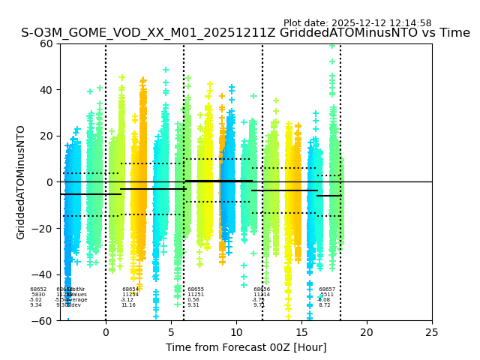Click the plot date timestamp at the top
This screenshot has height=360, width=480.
(357, 23)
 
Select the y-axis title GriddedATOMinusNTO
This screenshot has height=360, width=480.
(21, 182)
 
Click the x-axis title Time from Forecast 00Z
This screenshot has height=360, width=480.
(246, 347)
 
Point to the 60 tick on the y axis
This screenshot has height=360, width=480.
(46, 43)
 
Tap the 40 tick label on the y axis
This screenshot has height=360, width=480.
(46, 90)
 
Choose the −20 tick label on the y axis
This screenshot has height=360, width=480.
(43, 229)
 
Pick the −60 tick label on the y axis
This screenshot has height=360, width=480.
(43, 321)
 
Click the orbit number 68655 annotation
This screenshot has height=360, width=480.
(196, 289)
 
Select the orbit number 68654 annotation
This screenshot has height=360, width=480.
(130, 289)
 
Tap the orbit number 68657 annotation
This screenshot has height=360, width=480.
(327, 289)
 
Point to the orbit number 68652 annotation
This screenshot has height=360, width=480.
(38, 289)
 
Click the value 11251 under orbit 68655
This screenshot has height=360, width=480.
(196, 295)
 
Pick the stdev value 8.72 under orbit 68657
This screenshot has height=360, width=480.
(324, 305)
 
